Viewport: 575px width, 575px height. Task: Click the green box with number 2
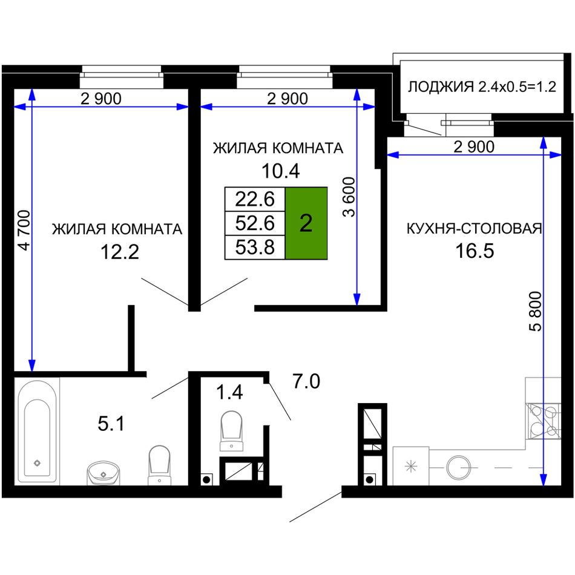(306, 223)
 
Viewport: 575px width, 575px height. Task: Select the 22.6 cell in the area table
(255, 199)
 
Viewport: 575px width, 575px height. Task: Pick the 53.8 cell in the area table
(255, 247)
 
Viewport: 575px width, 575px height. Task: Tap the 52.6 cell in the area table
(255, 223)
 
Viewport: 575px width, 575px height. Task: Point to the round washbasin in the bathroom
(103, 473)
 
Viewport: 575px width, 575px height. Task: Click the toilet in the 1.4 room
(231, 430)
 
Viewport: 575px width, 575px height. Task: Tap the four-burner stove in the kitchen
(544, 421)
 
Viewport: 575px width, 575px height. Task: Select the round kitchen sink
(458, 468)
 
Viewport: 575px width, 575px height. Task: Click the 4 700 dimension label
(24, 230)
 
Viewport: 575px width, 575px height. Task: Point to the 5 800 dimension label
(536, 311)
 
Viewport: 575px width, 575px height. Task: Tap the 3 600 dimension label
(349, 197)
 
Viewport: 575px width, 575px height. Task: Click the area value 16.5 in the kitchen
(475, 251)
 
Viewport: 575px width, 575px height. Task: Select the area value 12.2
(120, 252)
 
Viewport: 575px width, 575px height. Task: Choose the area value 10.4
(280, 171)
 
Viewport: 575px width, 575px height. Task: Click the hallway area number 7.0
(306, 381)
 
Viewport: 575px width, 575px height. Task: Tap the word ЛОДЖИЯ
(441, 87)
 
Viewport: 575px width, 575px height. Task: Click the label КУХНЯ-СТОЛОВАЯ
(474, 228)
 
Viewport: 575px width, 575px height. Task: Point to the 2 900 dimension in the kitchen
(474, 146)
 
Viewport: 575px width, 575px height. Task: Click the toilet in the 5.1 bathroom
(159, 465)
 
